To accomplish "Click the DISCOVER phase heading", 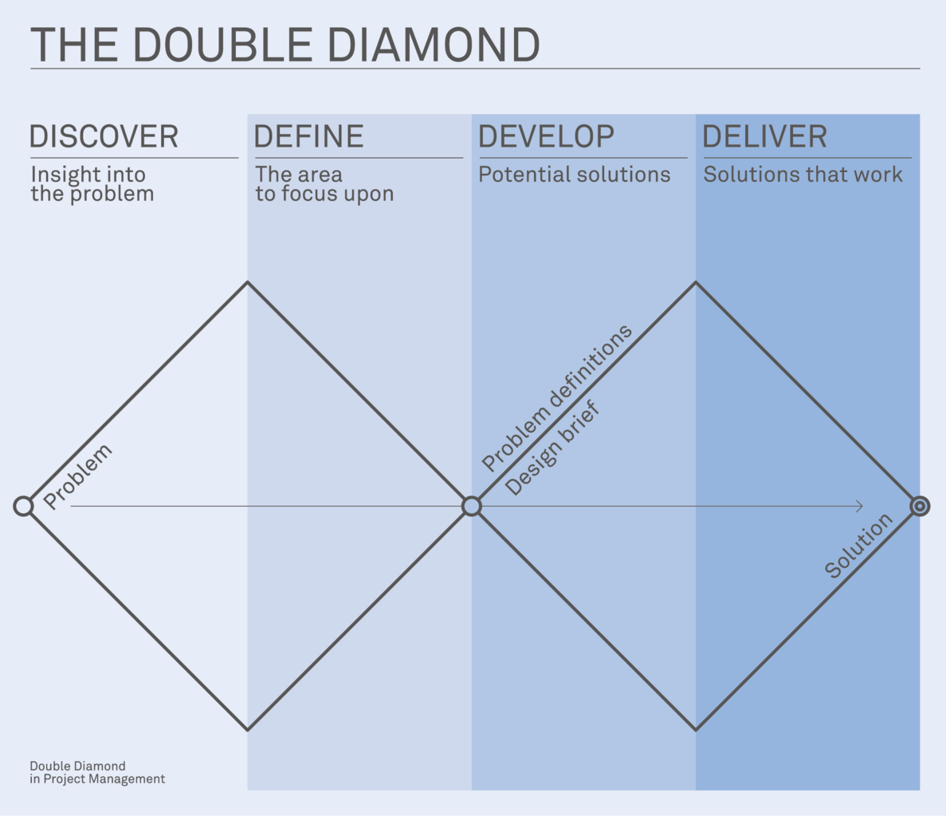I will click(x=104, y=137).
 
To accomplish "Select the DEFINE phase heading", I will click(x=308, y=137).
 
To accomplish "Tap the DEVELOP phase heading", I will click(x=546, y=137).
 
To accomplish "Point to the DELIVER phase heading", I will click(x=764, y=137).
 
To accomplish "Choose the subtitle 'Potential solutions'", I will click(x=574, y=175).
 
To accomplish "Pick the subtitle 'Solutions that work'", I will click(x=803, y=175).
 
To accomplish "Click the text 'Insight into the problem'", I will click(x=92, y=184).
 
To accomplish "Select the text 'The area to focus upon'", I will click(x=324, y=184).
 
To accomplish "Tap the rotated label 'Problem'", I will click(x=77, y=477).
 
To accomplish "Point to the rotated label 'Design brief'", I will click(x=552, y=449).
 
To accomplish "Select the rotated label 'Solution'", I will click(x=858, y=546).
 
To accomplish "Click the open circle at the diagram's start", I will click(x=24, y=506).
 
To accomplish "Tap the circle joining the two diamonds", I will click(x=472, y=506).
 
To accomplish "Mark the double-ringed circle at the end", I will click(x=920, y=506).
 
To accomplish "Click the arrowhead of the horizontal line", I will click(x=859, y=506).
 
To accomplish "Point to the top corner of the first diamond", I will click(x=248, y=282).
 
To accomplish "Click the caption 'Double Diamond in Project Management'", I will click(x=97, y=772).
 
